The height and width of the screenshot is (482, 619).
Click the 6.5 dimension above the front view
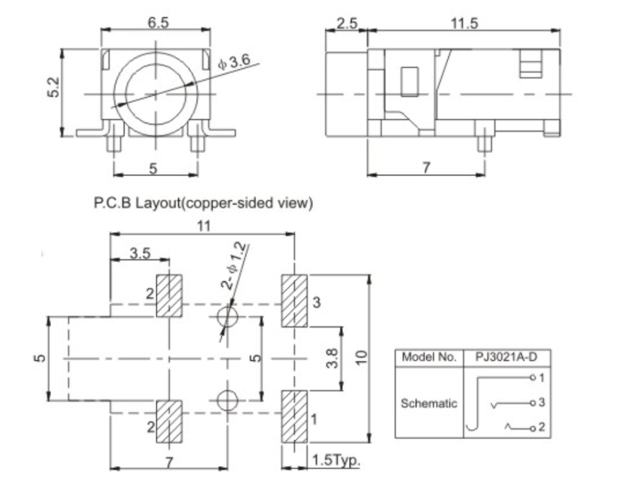point(158,22)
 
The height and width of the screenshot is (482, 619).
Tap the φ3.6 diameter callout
point(234,62)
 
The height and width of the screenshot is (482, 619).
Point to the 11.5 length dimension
point(464,23)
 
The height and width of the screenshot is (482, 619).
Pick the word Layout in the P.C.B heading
point(164,203)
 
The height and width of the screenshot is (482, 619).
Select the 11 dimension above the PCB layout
point(203,226)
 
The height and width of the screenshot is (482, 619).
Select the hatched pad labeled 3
point(294,301)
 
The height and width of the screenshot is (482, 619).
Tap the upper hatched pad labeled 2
point(169,295)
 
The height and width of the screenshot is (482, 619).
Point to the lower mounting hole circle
point(226,400)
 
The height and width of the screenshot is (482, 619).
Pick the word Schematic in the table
point(428,403)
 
